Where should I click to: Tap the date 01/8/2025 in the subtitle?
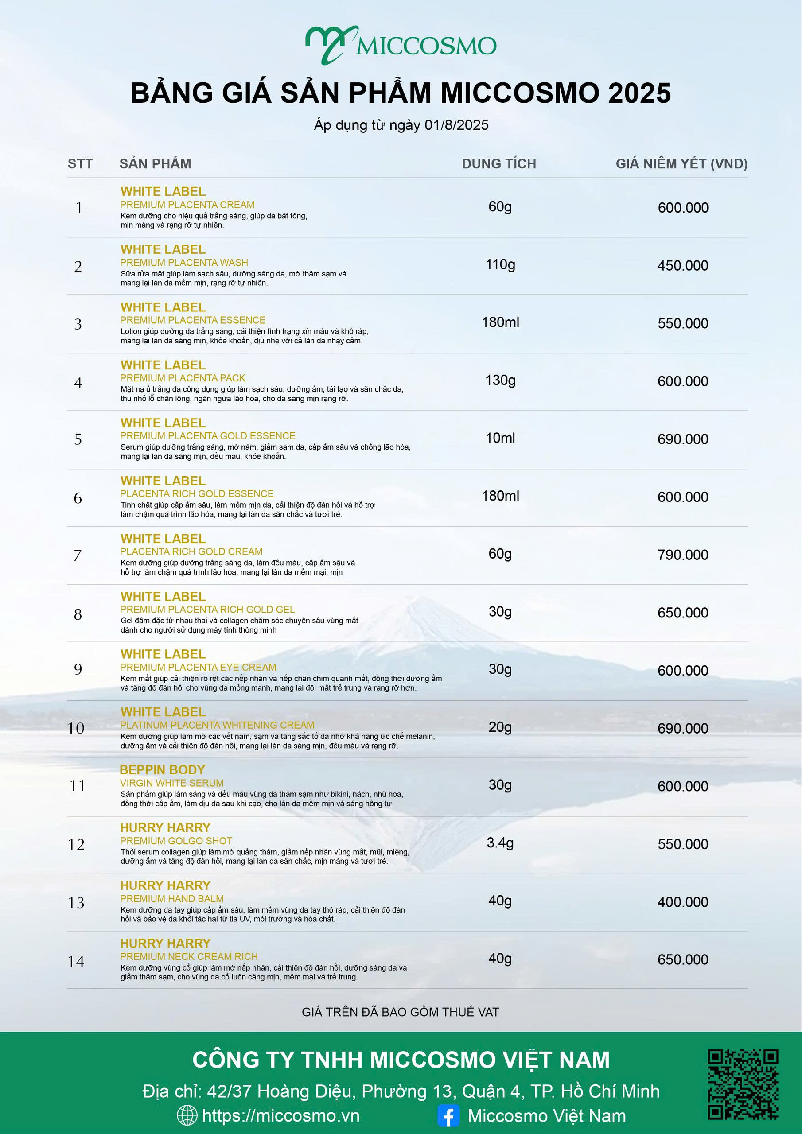coord(456,125)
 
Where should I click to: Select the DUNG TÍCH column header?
coord(498,163)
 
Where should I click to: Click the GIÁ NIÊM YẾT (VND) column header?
coord(681,163)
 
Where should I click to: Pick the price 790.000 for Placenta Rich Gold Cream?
coord(682,555)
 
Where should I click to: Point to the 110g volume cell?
coord(500,265)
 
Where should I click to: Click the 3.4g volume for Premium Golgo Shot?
coord(500,843)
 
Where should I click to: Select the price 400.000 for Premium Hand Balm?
coord(682,902)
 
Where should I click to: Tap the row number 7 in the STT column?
coord(78,555)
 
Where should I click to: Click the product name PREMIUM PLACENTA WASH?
coord(184,263)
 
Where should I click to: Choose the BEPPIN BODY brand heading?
coord(162,769)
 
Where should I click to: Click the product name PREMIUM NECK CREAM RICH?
coord(189,956)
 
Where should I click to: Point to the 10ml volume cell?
coord(500,438)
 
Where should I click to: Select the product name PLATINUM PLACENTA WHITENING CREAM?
coord(217,725)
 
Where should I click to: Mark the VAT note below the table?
coord(400,1012)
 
